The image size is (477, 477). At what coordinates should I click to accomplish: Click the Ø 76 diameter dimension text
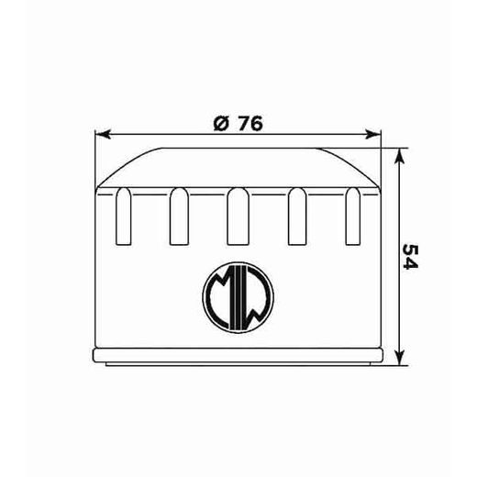pyautogui.click(x=238, y=126)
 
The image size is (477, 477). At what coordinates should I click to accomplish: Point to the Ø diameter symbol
pyautogui.click(x=219, y=126)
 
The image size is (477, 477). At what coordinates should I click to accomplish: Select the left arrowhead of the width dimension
pyautogui.click(x=103, y=135)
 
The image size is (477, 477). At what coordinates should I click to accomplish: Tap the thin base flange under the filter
pyautogui.click(x=238, y=356)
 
